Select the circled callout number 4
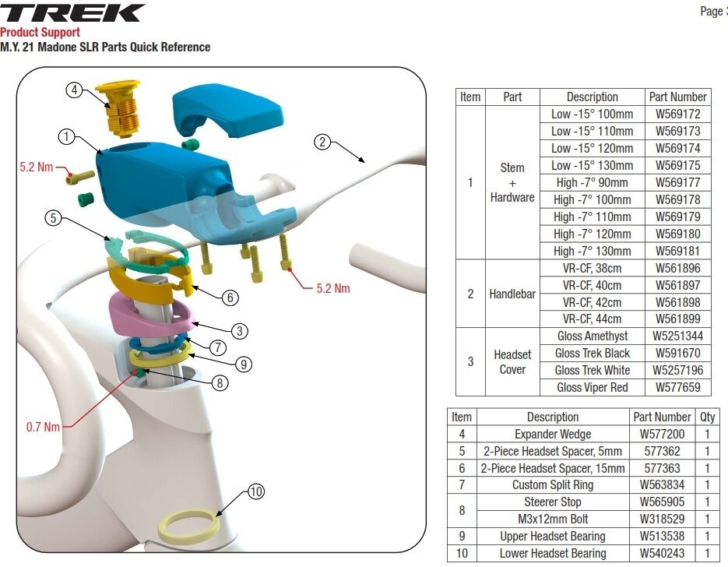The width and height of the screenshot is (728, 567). (x=74, y=89)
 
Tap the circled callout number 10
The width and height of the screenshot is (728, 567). (x=256, y=491)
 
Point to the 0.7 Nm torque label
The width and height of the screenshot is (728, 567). (x=43, y=427)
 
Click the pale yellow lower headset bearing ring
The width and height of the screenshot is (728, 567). (x=189, y=526)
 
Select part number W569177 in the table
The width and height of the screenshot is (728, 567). (x=678, y=182)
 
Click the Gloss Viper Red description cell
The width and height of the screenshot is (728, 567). (x=592, y=387)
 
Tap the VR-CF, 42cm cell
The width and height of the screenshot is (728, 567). (x=592, y=302)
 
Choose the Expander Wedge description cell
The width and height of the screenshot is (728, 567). (x=553, y=434)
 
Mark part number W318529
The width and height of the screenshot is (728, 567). (x=662, y=519)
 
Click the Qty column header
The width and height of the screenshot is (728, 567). (x=707, y=417)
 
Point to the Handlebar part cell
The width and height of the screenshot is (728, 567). (x=512, y=294)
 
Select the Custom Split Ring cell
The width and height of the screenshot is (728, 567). (x=553, y=484)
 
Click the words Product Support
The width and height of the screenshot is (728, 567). (x=40, y=32)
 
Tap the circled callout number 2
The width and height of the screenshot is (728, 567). (x=322, y=142)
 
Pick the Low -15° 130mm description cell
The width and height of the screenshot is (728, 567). (x=592, y=165)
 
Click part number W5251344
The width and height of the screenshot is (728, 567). (x=678, y=336)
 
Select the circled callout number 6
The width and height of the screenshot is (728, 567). (x=230, y=298)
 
